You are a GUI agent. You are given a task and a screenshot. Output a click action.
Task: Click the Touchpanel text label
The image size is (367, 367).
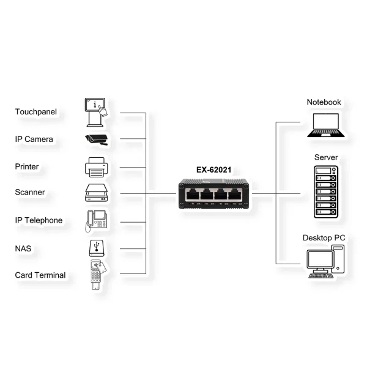coord(35,112)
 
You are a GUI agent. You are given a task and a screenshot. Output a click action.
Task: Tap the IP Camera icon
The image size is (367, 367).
coord(95,139)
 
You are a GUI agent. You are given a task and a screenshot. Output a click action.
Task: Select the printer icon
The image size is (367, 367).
coord(96,166)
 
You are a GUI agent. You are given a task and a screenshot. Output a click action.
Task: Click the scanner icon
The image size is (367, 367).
coord(96,193)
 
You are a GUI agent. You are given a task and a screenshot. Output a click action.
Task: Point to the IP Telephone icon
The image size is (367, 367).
coord(97,220)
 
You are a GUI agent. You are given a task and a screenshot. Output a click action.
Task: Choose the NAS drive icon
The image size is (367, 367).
coord(96,248)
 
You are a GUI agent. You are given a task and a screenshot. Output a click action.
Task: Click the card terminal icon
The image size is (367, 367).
coord(96,275)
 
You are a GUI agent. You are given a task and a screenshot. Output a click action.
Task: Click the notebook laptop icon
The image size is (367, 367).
coord(325,124)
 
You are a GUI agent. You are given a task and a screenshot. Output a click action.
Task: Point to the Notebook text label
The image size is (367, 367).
coord(324,102)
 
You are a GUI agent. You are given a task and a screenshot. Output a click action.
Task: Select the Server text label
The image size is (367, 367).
coord(325,158)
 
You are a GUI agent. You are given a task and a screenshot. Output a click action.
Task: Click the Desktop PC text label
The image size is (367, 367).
coord(324,237)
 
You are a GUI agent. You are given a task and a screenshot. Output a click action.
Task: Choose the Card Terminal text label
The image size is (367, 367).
coord(40,275)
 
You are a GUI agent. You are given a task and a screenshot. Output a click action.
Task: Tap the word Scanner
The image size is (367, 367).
coord(30,192)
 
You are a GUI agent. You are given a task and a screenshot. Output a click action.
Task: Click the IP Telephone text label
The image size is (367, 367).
coord(39,220)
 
